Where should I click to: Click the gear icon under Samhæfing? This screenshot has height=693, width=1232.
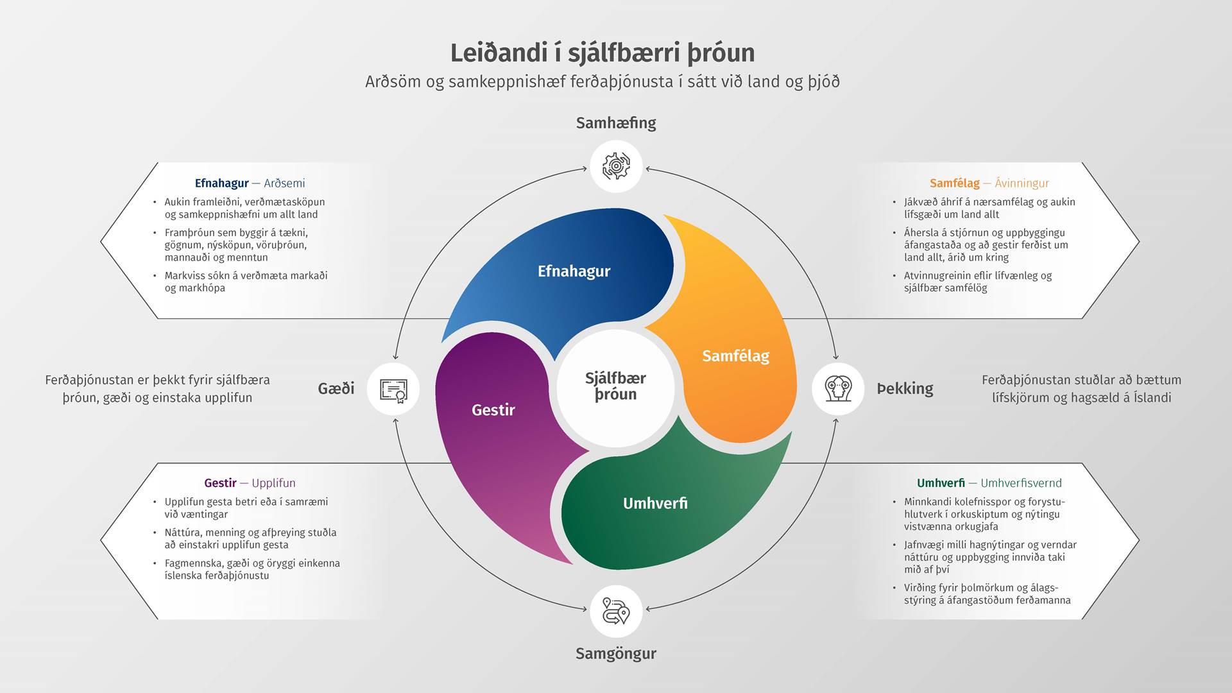click(x=616, y=166)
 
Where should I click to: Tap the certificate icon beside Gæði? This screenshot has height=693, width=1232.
click(x=393, y=389)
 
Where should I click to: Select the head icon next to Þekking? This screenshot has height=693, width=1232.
click(x=838, y=388)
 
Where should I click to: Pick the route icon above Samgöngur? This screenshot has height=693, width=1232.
click(x=616, y=611)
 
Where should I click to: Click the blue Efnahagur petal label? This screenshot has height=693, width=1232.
click(x=574, y=271)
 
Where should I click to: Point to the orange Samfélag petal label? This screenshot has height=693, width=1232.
click(x=735, y=356)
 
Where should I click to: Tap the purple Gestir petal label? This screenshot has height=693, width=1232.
click(x=493, y=410)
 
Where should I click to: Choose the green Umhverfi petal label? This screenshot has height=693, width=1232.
click(x=655, y=503)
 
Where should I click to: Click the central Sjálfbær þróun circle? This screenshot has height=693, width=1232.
click(x=616, y=388)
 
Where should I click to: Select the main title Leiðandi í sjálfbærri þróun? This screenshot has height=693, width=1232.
click(x=602, y=53)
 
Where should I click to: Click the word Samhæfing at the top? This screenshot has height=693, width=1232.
click(x=616, y=123)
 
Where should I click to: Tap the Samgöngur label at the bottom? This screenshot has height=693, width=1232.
click(x=616, y=654)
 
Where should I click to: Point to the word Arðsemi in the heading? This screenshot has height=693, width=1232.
click(x=284, y=184)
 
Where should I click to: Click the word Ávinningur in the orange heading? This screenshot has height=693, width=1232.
click(x=1022, y=184)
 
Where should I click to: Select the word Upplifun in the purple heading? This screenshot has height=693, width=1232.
click(x=273, y=483)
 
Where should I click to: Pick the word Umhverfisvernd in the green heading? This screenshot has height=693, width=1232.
click(x=1021, y=483)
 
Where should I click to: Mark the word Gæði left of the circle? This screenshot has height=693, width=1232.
click(x=336, y=388)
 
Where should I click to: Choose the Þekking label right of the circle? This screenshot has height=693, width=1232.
click(x=905, y=389)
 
